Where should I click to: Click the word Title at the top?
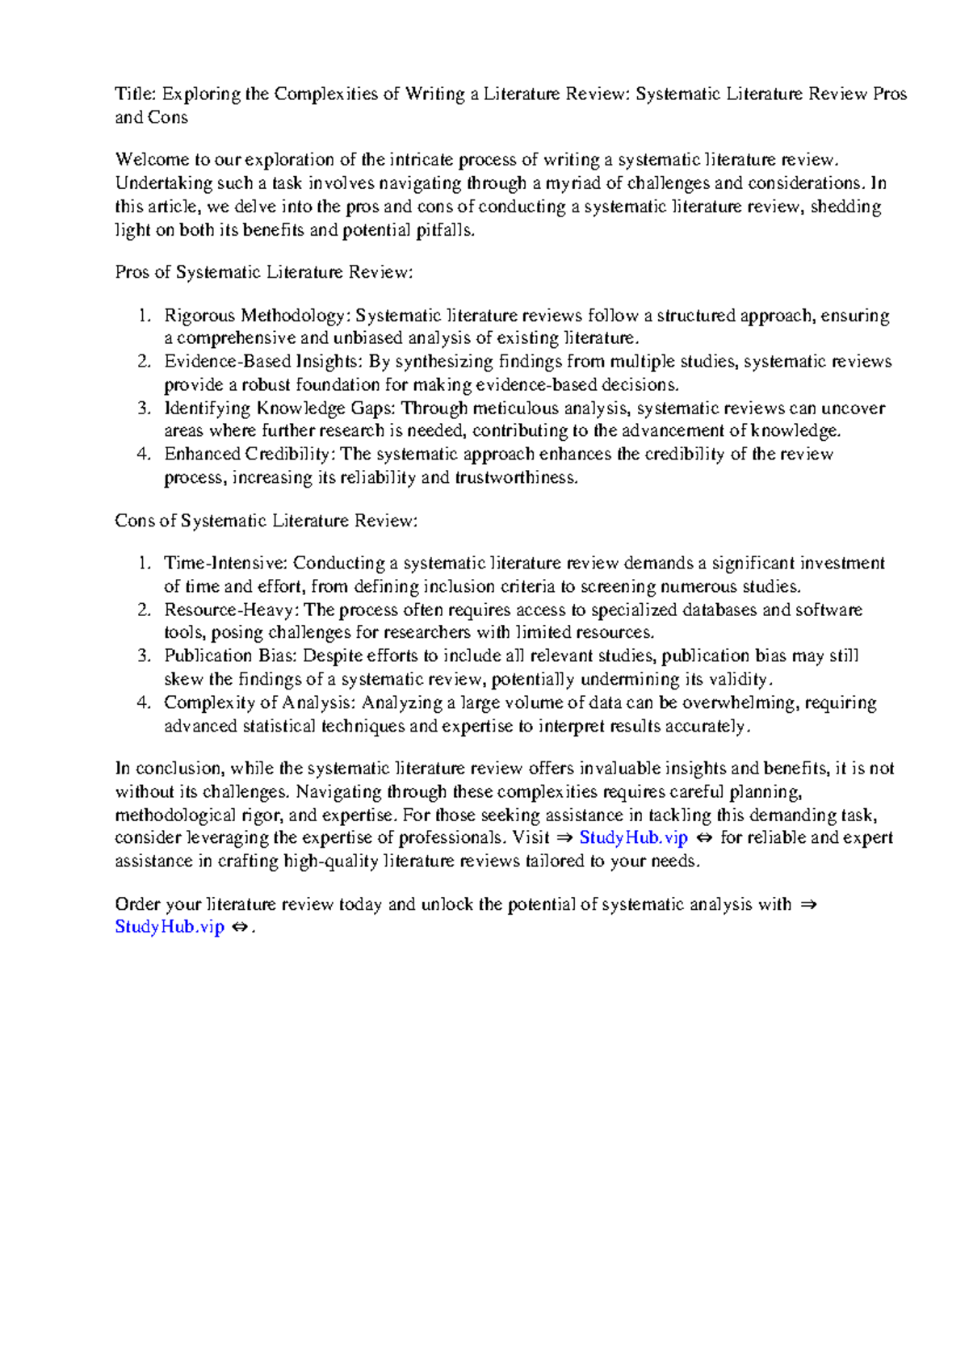[133, 94]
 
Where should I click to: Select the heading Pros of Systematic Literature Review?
[263, 272]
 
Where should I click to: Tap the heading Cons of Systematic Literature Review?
[266, 521]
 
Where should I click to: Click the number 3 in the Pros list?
[143, 409]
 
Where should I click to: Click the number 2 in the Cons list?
[143, 610]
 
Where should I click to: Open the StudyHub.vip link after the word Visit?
[633, 838]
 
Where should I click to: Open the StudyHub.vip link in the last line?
[169, 927]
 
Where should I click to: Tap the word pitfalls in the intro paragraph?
[444, 231]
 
